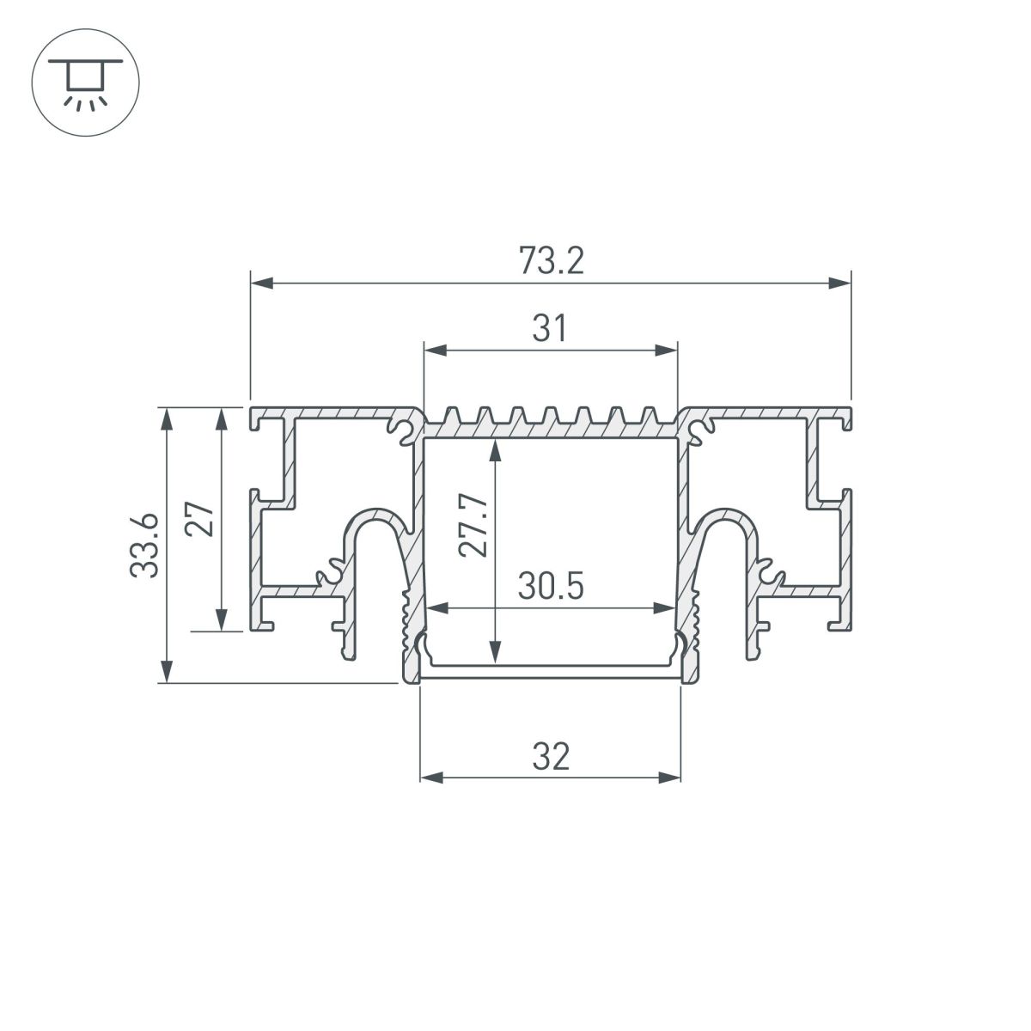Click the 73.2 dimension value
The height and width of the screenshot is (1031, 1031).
coord(551,260)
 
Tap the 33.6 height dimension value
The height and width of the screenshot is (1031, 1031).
coord(144,546)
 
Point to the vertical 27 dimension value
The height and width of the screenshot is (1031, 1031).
coord(199,518)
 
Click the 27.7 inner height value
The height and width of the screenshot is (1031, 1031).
coord(473,526)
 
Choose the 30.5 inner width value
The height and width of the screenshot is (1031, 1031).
coord(551,586)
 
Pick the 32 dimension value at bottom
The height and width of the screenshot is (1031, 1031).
coord(551,757)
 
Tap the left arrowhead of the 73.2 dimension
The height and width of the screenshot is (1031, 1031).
coord(262,283)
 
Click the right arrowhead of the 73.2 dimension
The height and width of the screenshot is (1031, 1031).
coord(839,283)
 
